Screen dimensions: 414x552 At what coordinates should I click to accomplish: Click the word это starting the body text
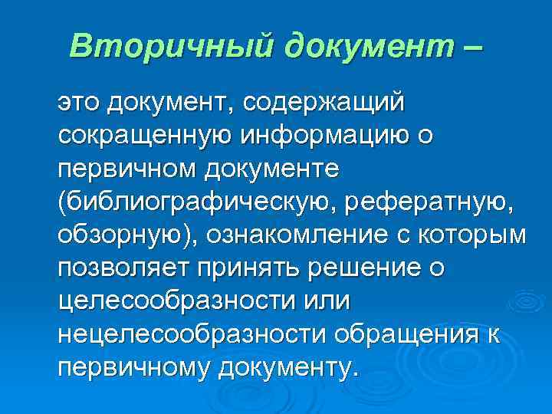point(80,102)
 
